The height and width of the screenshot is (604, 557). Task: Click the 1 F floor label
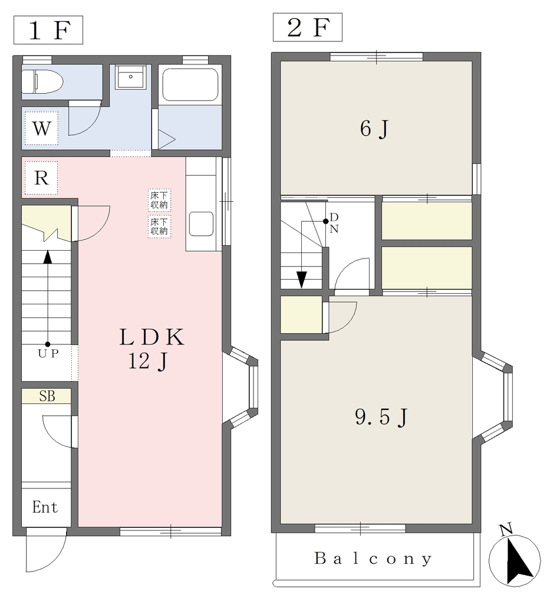48,30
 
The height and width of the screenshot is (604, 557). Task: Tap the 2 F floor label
308,27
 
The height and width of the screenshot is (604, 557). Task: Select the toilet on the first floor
42,81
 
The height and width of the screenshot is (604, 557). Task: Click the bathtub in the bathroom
190,85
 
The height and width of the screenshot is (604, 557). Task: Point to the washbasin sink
131,77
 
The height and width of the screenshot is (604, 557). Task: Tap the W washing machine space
42,129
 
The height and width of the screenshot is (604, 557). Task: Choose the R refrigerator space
42,178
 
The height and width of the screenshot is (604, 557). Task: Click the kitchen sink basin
201,224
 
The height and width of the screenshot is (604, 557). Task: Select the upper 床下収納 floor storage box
159,200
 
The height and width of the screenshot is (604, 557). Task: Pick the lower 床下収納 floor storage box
159,226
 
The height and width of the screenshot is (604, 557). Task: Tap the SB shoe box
47,396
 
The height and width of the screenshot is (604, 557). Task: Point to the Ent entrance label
45,507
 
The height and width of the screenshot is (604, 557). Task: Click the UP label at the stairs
48,354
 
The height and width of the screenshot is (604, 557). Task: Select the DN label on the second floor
334,224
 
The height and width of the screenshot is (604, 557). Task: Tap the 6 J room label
374,129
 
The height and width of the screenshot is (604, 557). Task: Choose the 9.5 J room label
381,417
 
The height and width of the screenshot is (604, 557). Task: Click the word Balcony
373,559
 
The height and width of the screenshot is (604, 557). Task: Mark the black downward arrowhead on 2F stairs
301,280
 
